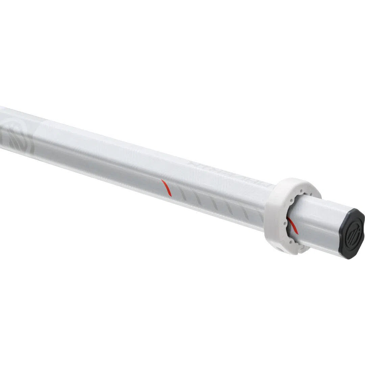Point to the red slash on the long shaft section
(166, 188)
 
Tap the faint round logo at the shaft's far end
(17, 135)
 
